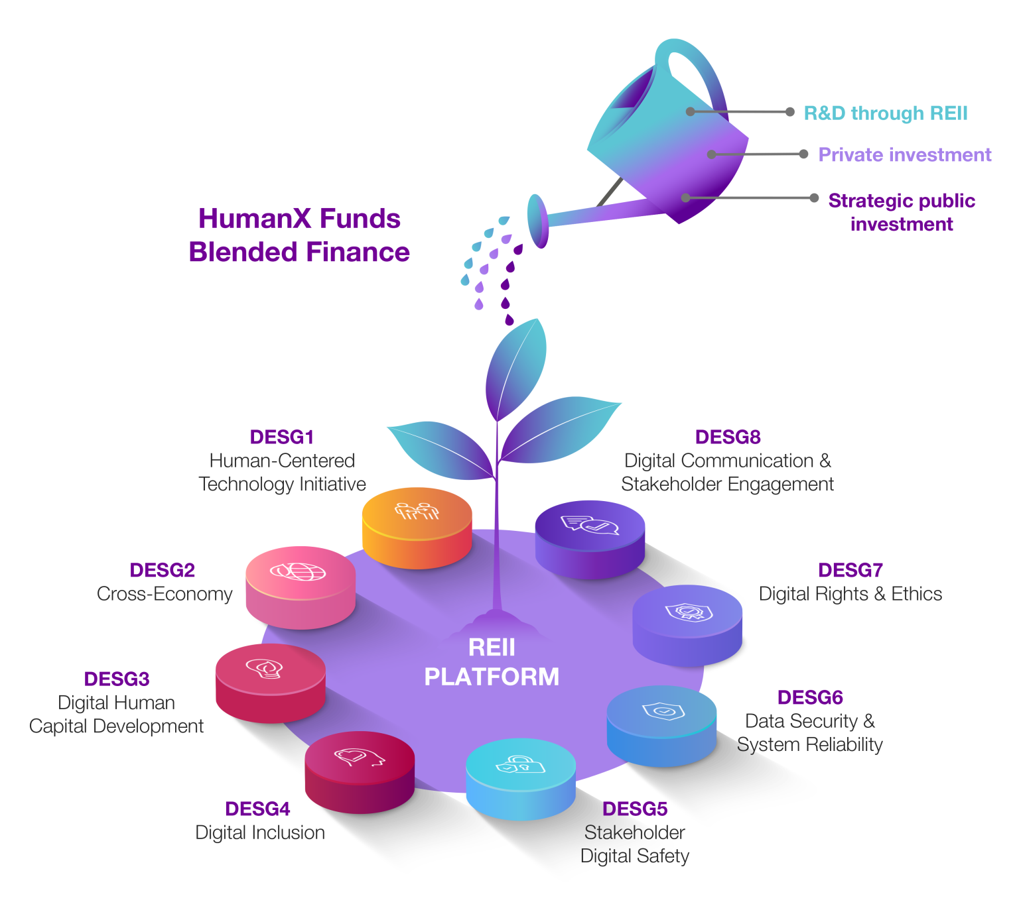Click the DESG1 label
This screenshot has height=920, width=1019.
tap(282, 437)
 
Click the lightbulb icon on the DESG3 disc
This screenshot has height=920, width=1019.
tap(265, 668)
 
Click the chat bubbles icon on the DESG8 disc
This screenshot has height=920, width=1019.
tap(590, 525)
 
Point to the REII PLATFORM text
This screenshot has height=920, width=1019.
tap(492, 662)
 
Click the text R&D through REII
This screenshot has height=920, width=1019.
tap(886, 113)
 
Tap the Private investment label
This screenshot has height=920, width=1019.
tap(905, 155)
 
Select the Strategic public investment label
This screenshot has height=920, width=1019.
tap(902, 212)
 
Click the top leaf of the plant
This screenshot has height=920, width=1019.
tap(517, 368)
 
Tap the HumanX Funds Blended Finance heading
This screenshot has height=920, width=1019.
tap(299, 235)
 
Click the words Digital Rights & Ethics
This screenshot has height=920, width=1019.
tap(850, 594)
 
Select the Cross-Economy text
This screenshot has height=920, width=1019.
tap(165, 594)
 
